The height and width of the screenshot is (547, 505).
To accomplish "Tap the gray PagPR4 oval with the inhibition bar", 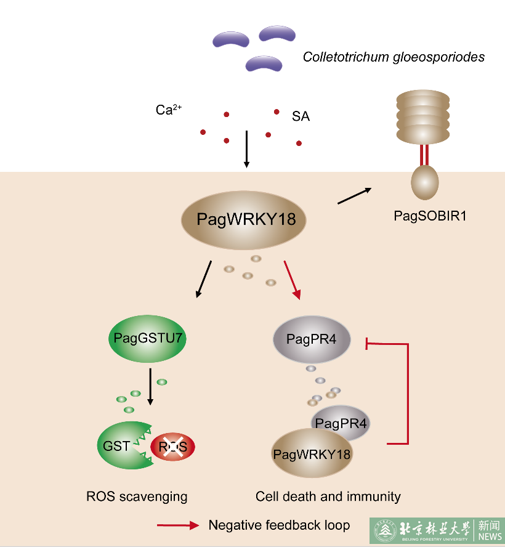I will pyautogui.click(x=312, y=339).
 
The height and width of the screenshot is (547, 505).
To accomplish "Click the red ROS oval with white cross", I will pyautogui.click(x=173, y=446).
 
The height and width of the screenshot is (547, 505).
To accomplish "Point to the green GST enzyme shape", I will pyautogui.click(x=120, y=445).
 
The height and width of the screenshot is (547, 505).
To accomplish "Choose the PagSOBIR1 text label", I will pyautogui.click(x=425, y=216).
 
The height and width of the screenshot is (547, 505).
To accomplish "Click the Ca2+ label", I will pyautogui.click(x=168, y=110).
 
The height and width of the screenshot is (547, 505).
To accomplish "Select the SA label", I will pyautogui.click(x=301, y=116).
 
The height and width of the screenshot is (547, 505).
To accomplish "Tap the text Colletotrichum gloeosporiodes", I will pyautogui.click(x=394, y=57).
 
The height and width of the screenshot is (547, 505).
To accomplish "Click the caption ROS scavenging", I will pyautogui.click(x=137, y=496).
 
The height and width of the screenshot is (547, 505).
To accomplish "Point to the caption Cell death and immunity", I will pyautogui.click(x=328, y=496).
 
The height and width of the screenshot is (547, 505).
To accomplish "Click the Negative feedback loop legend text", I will pyautogui.click(x=279, y=525).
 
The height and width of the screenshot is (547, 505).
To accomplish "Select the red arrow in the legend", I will pyautogui.click(x=179, y=525).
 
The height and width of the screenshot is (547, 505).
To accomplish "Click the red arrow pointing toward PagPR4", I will pyautogui.click(x=292, y=280).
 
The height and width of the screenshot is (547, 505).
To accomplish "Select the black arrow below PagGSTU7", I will pyautogui.click(x=150, y=387).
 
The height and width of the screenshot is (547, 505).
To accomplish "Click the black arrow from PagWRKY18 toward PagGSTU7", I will pyautogui.click(x=203, y=280).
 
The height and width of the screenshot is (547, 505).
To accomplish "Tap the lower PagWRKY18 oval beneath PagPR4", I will pyautogui.click(x=312, y=454).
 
